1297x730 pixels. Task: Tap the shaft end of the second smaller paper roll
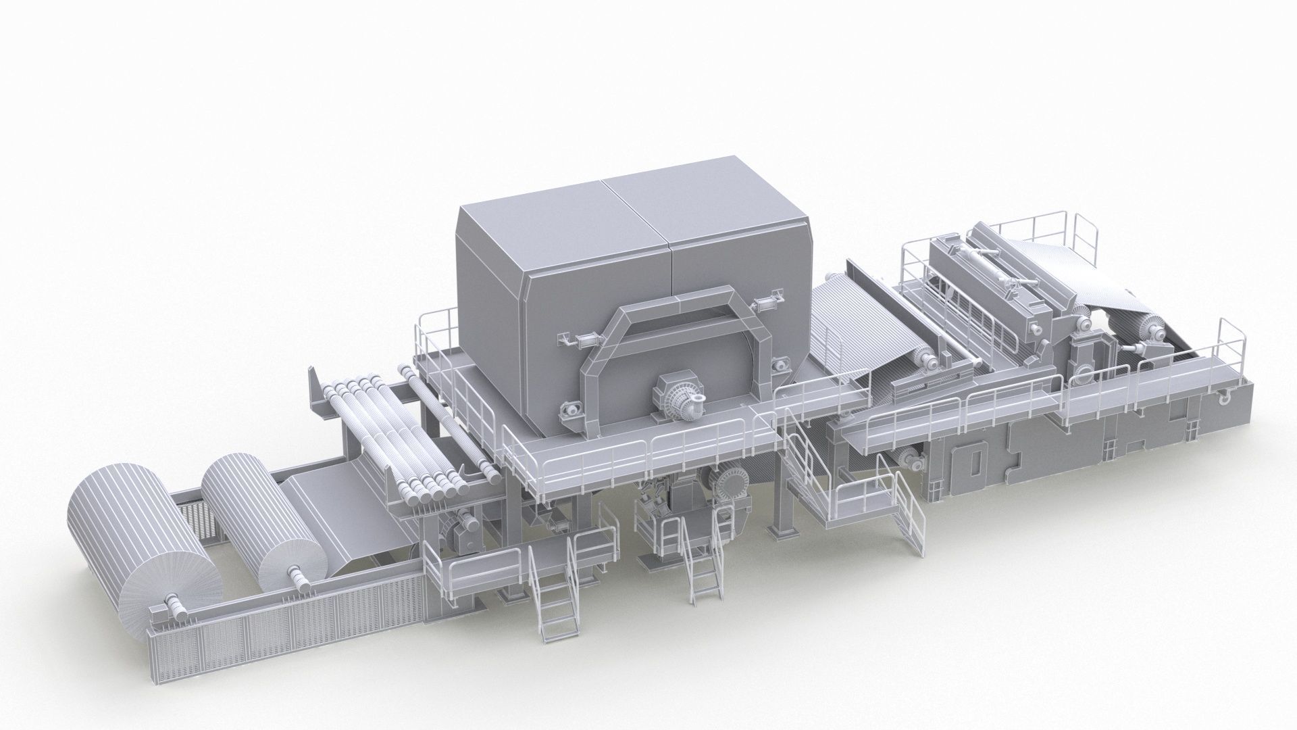pyautogui.click(x=296, y=575)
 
